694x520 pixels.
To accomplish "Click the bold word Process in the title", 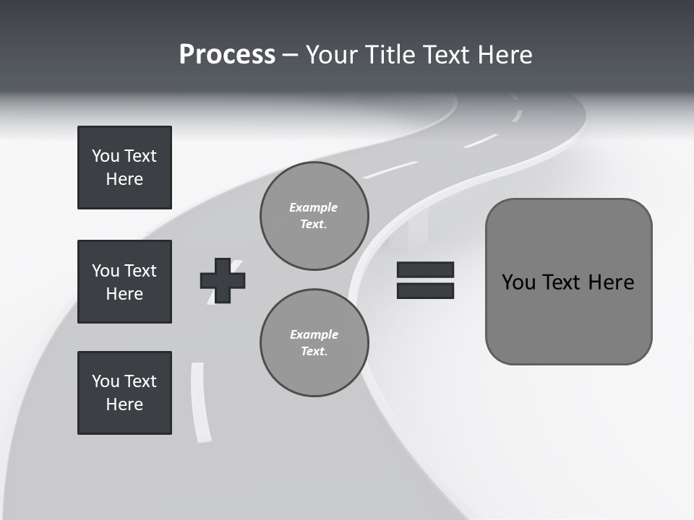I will tap(227, 55).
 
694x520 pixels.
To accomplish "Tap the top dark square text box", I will tap(124, 168).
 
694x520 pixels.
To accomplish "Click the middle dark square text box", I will tap(124, 282).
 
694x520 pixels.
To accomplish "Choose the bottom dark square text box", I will tap(124, 392).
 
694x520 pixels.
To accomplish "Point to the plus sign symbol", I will tap(223, 280).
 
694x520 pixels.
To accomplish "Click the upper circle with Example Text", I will tap(314, 216).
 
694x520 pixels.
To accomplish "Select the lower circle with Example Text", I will tap(314, 343).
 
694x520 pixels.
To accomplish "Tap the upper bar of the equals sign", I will tap(425, 269).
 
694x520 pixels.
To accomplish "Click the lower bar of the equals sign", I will tap(425, 290).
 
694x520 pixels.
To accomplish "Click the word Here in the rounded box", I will tap(611, 282).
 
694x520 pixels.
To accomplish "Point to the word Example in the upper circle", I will tap(314, 207).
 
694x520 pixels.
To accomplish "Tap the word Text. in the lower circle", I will tap(314, 352).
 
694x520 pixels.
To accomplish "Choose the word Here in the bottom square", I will tap(124, 404).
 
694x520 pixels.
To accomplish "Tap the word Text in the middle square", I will tap(140, 271).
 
